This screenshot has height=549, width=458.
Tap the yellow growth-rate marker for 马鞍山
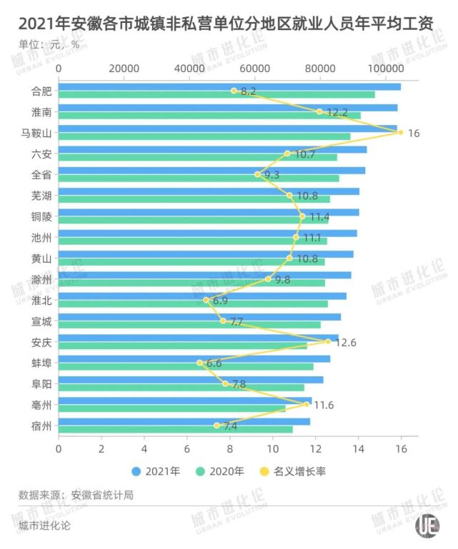tap(401, 133)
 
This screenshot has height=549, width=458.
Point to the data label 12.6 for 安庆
tap(345, 343)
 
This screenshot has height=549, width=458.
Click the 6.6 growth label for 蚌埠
tap(214, 363)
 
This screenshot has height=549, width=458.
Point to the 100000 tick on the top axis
tap(387, 69)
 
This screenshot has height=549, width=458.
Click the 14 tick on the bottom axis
tap(358, 449)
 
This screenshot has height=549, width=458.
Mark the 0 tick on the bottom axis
tap(59, 449)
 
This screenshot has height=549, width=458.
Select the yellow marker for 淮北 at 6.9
tap(206, 300)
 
